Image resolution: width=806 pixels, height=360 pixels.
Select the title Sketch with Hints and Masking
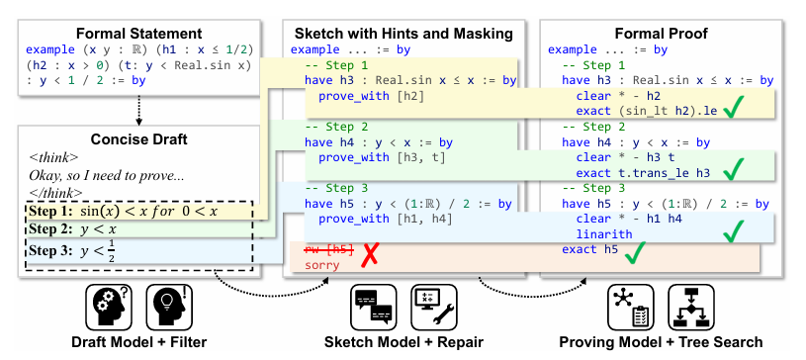pyautogui.click(x=403, y=33)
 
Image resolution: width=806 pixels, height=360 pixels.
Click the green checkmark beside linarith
pyautogui.click(x=734, y=231)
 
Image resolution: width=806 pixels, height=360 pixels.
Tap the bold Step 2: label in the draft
pyautogui.click(x=52, y=229)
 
